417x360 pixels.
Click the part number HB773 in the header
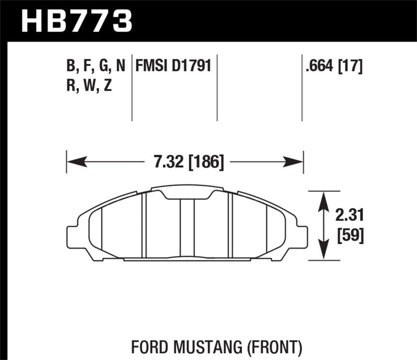click(x=76, y=21)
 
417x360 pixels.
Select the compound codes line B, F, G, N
click(x=96, y=67)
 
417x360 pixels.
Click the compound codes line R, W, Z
click(x=89, y=86)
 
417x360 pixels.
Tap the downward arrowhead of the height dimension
click(x=324, y=255)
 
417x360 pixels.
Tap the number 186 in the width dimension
click(x=208, y=163)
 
